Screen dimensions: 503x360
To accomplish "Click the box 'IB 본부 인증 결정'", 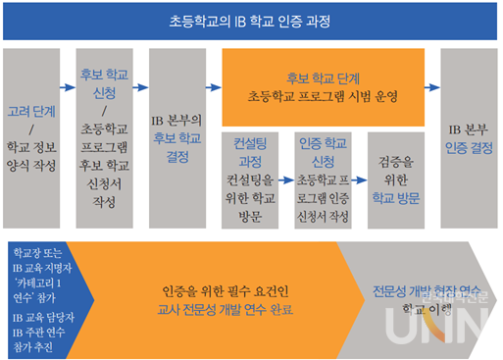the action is [x=469, y=136].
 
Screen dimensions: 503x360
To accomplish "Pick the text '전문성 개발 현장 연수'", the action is [x=422, y=290].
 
